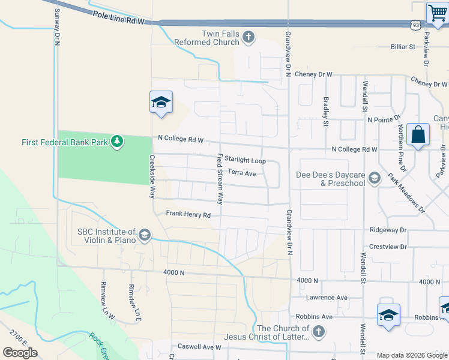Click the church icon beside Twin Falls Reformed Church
(249, 38)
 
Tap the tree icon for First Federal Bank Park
(118, 142)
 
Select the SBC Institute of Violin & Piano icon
(144, 235)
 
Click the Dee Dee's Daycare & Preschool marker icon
(375, 178)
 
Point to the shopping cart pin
(438, 13)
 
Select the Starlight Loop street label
(245, 161)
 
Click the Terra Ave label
(242, 173)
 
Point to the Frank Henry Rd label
(188, 214)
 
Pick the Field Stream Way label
(220, 179)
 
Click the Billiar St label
(403, 46)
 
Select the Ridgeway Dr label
(388, 230)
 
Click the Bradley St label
(326, 112)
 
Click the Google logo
(20, 352)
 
